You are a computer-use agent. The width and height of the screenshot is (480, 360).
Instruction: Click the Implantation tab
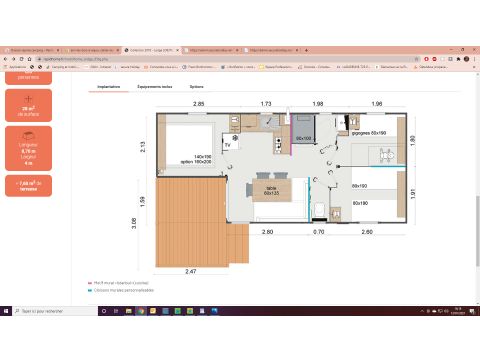pyautogui.click(x=110, y=87)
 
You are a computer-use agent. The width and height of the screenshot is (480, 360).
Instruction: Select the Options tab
pyautogui.click(x=196, y=87)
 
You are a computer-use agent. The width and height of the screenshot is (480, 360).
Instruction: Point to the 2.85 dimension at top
pyautogui.click(x=198, y=104)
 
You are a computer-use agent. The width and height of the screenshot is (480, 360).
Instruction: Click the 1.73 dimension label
pyautogui.click(x=266, y=104)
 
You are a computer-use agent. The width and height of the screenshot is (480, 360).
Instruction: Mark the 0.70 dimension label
pyautogui.click(x=319, y=232)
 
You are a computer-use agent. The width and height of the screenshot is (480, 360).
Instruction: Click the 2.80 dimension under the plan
pyautogui.click(x=267, y=232)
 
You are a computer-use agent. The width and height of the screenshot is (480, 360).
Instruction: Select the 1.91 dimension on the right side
pyautogui.click(x=414, y=196)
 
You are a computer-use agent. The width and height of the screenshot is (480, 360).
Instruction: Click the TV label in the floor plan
pyautogui.click(x=227, y=146)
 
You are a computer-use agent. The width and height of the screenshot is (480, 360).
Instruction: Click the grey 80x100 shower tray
pyautogui.click(x=303, y=138)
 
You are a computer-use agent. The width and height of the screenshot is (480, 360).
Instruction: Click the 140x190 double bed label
pyautogui.click(x=204, y=159)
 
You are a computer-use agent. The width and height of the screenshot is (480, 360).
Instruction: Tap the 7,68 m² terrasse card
pyautogui.click(x=27, y=186)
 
